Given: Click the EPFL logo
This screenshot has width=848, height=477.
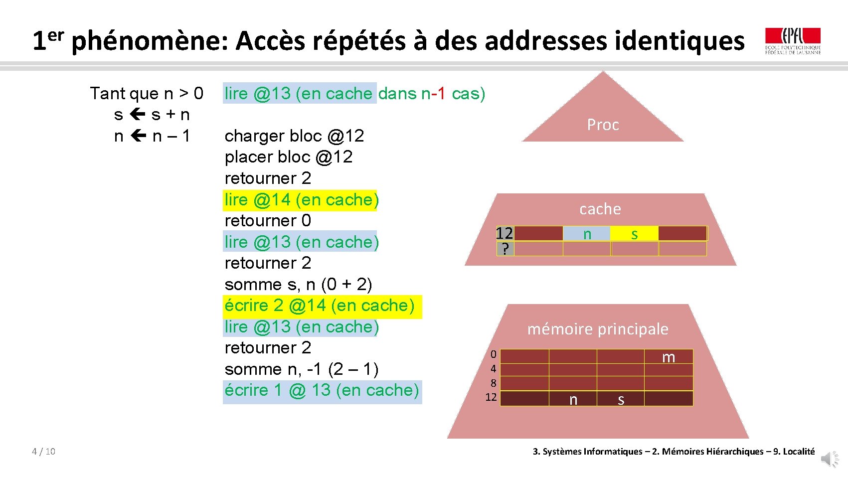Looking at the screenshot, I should (793, 40).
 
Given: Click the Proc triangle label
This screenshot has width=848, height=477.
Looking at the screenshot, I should (603, 125).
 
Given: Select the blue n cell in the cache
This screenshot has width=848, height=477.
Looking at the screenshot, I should (587, 233).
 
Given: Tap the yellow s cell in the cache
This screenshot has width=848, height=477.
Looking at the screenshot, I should (634, 233).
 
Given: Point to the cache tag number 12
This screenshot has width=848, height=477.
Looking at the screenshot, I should (505, 233).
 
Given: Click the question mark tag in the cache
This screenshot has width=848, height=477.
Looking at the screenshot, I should (505, 249).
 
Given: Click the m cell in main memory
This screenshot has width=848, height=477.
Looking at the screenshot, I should (669, 357).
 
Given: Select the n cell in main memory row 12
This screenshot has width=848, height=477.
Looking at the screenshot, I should (573, 399).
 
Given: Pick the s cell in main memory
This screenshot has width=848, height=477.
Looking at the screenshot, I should (621, 399).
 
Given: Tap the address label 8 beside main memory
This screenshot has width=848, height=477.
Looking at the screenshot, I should (493, 383).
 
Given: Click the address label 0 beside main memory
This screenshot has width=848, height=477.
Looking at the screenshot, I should (493, 354).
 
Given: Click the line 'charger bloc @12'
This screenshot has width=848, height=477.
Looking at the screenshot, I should (294, 136).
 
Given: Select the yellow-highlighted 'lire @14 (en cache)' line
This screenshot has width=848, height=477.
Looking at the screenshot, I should (301, 199).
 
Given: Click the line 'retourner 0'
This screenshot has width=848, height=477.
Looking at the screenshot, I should (268, 220).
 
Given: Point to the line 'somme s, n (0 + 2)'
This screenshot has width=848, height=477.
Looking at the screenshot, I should (298, 284).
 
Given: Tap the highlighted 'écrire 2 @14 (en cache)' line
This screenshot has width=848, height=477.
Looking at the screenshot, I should (320, 306).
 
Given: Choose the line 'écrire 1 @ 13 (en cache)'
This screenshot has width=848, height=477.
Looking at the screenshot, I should (322, 390).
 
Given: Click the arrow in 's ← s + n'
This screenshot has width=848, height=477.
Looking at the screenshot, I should (137, 115).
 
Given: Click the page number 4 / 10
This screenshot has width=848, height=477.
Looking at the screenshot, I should (43, 452).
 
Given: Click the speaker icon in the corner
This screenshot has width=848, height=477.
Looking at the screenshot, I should (830, 459).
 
